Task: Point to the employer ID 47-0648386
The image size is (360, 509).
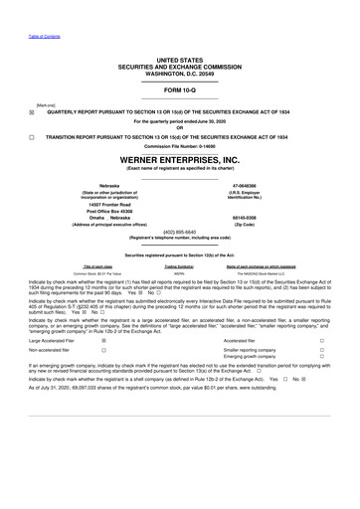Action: point(270,185)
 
